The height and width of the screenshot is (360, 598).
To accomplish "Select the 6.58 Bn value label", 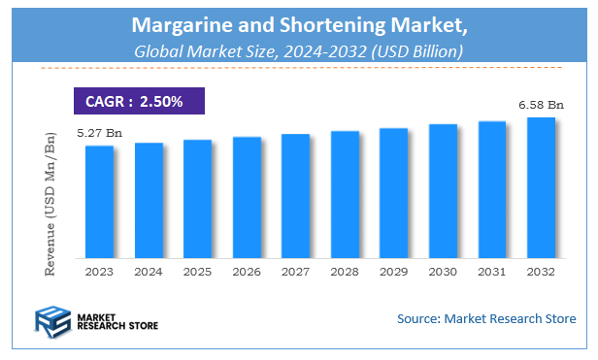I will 541,105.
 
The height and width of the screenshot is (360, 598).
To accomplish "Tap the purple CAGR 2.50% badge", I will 140,101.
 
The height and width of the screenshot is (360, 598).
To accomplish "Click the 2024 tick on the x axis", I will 149,273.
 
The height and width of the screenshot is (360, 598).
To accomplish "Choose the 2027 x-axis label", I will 295,273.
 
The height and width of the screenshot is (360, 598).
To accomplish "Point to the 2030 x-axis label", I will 443,273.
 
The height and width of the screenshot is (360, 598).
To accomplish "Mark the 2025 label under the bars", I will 197,273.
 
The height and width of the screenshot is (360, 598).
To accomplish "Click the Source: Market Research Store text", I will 486,318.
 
